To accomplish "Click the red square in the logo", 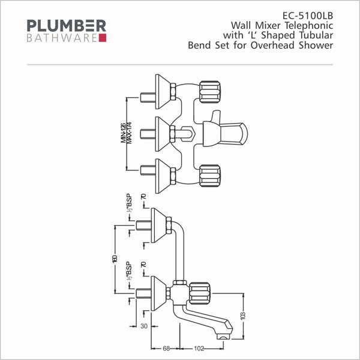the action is (103, 38).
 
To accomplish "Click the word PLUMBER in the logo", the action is (67, 26).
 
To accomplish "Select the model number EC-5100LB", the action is (308, 16).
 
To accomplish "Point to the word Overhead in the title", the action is (272, 45).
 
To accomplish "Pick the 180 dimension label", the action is (115, 259).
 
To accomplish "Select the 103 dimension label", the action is (244, 316).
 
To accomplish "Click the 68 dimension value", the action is (166, 349).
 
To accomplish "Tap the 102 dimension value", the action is (199, 349).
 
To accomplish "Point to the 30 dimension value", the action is (144, 326).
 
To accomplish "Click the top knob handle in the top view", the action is (209, 92).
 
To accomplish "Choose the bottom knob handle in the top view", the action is (209, 176).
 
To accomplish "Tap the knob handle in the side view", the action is (199, 293).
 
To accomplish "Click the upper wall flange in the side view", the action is (158, 226).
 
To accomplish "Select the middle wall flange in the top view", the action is (163, 134).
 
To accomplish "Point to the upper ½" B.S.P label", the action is (129, 203).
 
